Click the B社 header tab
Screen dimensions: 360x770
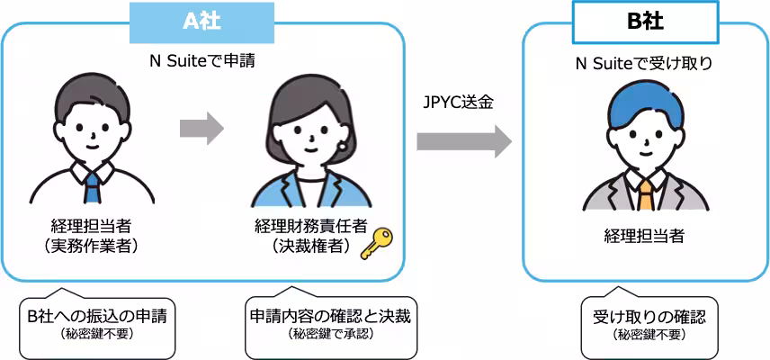645,23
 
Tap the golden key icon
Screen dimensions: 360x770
377,243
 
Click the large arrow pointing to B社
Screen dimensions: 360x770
463,141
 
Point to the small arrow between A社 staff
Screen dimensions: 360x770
201,128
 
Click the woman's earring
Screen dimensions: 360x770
343,144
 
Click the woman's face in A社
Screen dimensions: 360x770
306,135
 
